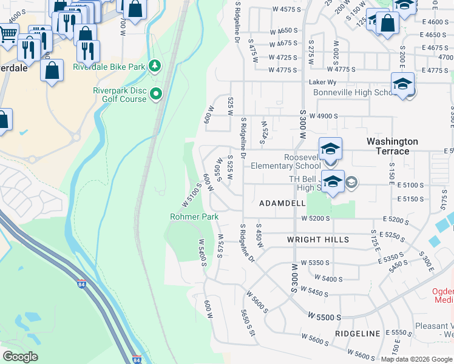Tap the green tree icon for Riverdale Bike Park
[x=156, y=65]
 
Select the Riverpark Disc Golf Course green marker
[x=156, y=93]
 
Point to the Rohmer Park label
[x=194, y=217]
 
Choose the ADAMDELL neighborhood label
[x=282, y=204]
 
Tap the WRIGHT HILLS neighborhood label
[x=318, y=240]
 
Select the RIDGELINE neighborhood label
[x=356, y=334]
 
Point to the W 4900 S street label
[x=323, y=116]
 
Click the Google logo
[x=21, y=356]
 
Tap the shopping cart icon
[x=7, y=35]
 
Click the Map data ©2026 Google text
[x=416, y=359]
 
